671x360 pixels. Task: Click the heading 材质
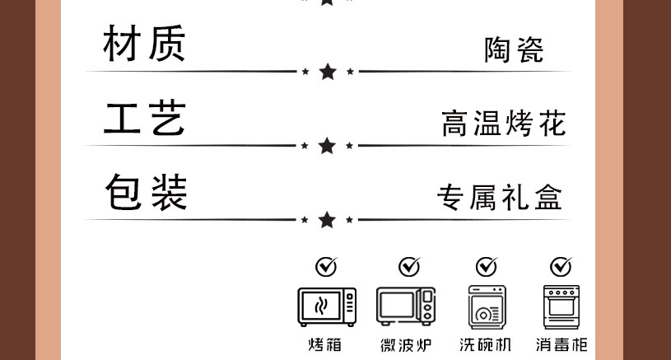[x=144, y=43]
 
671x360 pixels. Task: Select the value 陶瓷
[x=514, y=51]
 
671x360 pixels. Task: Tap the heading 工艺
[x=144, y=117]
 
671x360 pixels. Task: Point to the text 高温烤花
[x=503, y=124]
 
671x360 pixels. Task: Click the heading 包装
[x=146, y=191]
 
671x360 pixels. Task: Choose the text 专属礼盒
[x=500, y=198]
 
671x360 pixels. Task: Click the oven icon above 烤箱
[x=327, y=306]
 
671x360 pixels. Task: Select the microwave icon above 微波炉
[x=405, y=306]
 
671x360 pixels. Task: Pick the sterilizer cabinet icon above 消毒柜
[x=561, y=307]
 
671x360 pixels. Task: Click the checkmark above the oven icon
[x=327, y=266]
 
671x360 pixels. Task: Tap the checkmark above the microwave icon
[x=408, y=266]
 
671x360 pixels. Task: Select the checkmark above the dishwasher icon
[x=487, y=266]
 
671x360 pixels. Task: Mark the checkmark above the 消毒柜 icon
[x=561, y=266]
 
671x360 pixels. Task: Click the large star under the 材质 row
[x=328, y=72]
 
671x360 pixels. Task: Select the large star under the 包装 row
[x=328, y=220]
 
